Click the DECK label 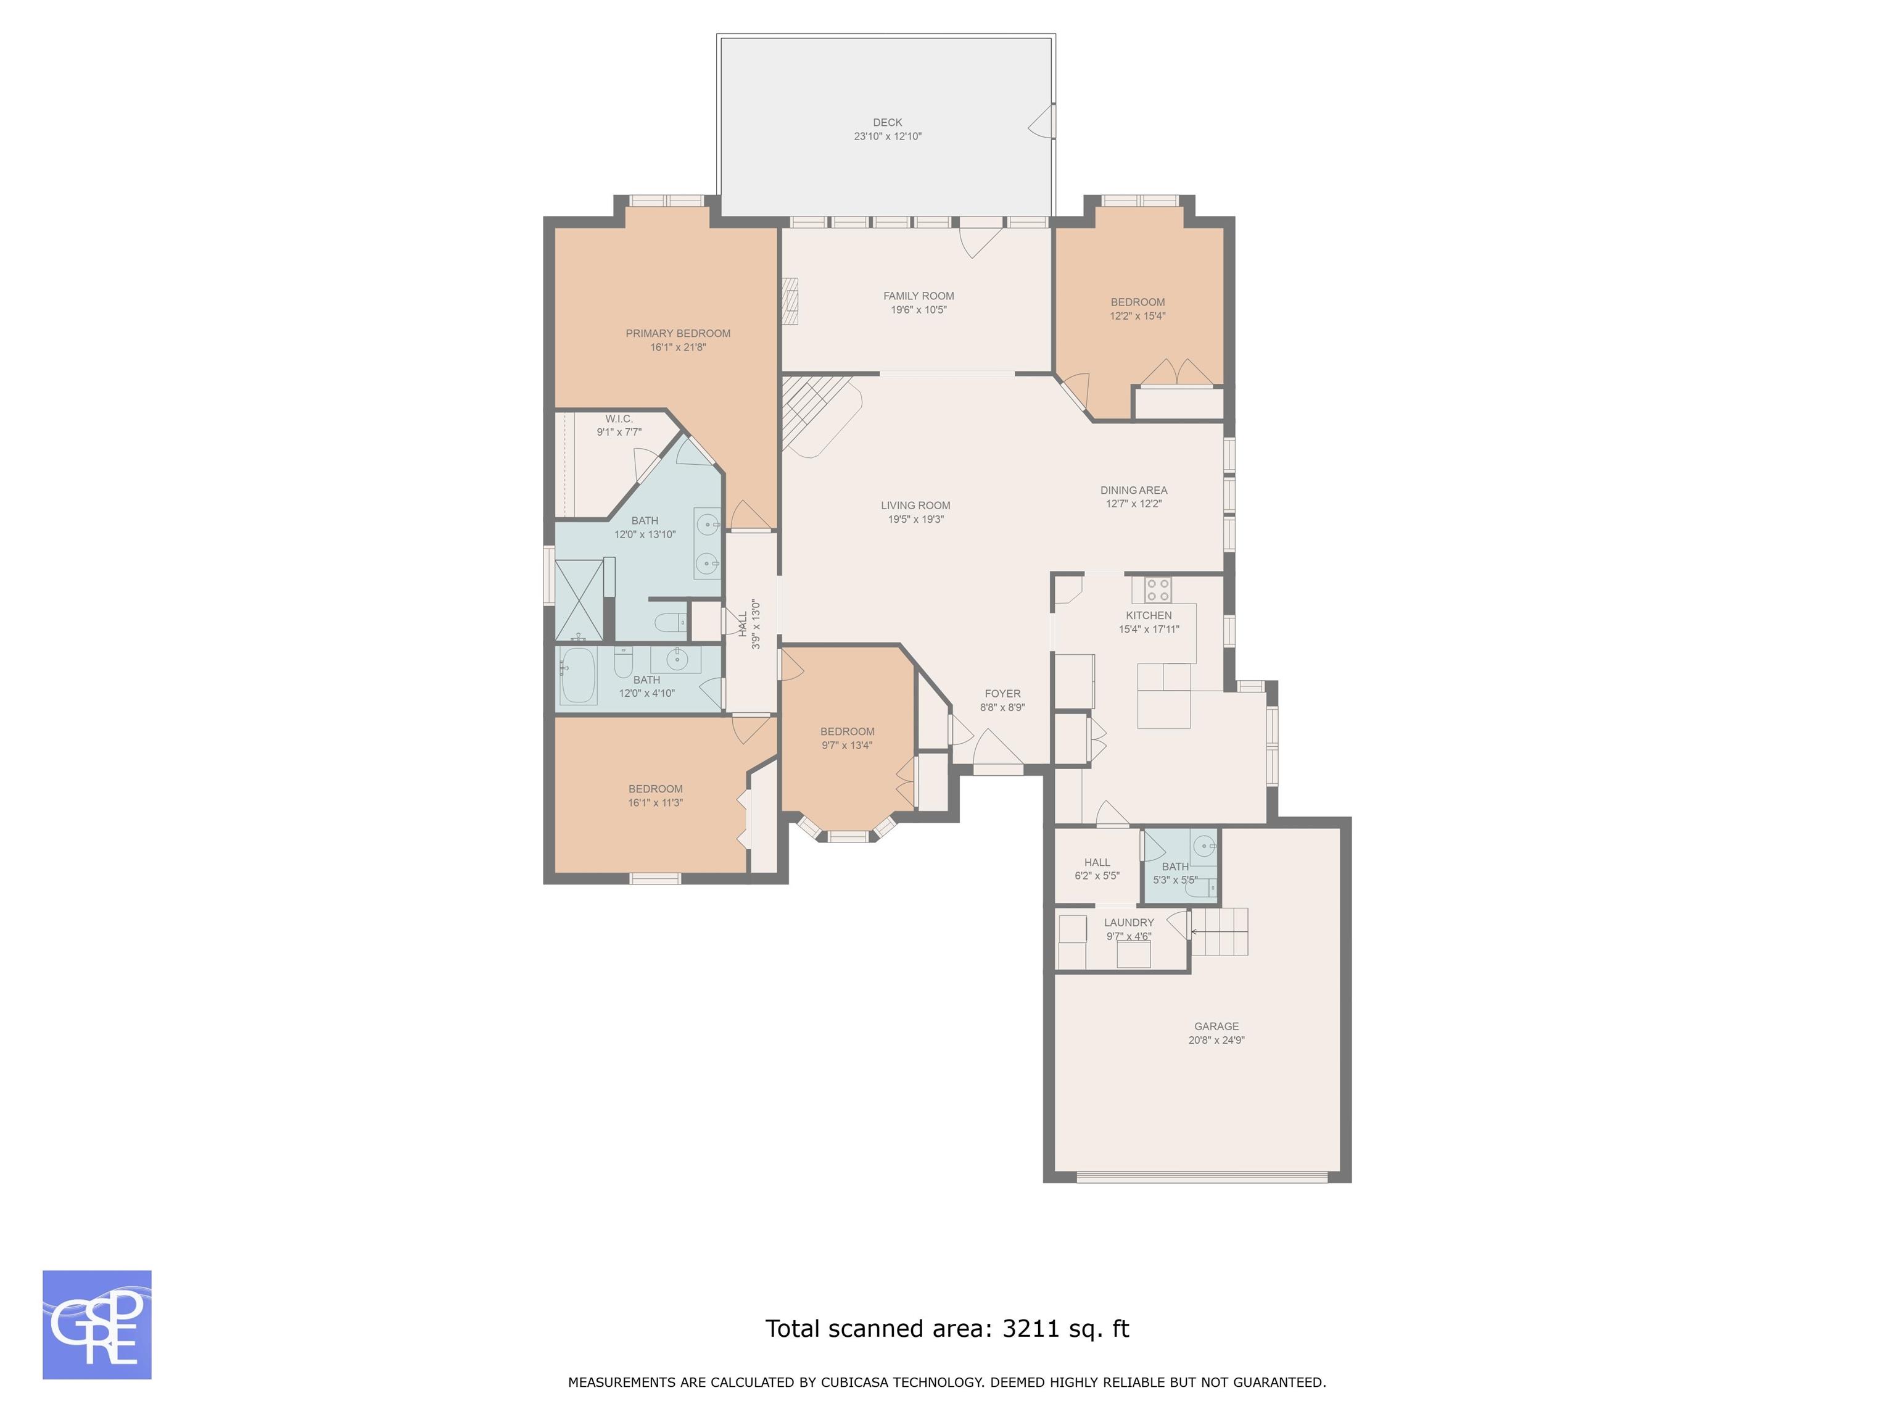point(888,123)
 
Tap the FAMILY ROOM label point(919,296)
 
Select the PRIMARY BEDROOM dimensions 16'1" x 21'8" point(678,347)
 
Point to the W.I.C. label point(619,419)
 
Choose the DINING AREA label point(1133,490)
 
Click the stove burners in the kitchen point(1158,589)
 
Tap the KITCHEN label point(1149,615)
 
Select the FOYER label point(1002,694)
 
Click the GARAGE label point(1216,1026)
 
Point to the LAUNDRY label point(1129,922)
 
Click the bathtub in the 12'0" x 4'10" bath point(578,675)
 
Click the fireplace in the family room point(790,301)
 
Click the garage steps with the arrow point(1220,932)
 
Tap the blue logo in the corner point(97,1324)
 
